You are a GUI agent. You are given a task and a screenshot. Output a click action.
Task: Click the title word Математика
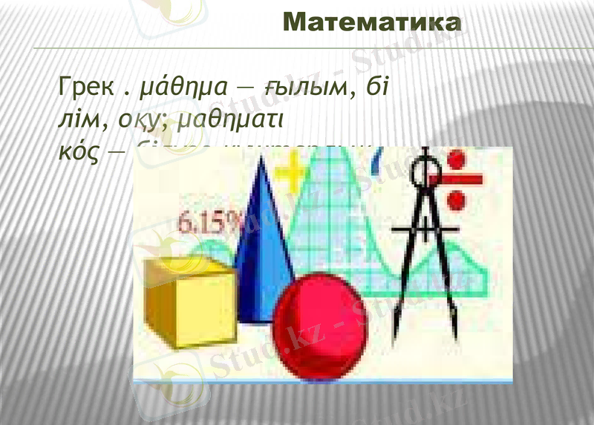[372, 22]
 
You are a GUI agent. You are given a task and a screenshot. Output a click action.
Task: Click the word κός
[76, 149]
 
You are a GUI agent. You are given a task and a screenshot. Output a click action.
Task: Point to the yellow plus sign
[296, 175]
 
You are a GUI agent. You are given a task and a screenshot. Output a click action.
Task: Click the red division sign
[457, 178]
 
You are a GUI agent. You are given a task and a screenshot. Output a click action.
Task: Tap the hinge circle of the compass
[426, 172]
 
